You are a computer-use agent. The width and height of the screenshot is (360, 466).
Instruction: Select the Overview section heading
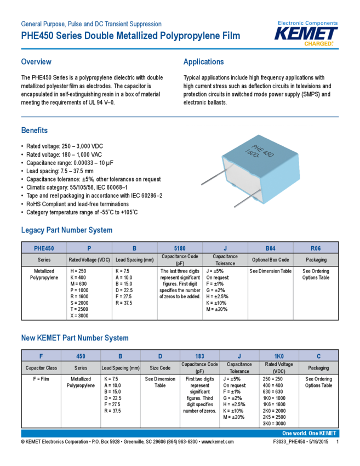click(x=36, y=62)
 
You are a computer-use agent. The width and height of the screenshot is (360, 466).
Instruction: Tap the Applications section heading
click(x=203, y=62)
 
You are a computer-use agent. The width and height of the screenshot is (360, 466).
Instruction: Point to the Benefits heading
click(x=35, y=130)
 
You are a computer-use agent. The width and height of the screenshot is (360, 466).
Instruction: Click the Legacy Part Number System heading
click(x=67, y=230)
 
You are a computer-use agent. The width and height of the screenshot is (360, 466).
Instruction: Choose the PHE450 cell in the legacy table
click(x=44, y=248)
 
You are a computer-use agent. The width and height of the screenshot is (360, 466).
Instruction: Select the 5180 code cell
click(x=180, y=248)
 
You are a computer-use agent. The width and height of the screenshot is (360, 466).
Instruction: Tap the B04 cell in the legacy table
click(x=271, y=248)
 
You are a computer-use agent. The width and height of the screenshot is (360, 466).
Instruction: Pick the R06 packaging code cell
click(x=316, y=248)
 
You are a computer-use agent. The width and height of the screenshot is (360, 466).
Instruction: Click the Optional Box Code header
click(x=271, y=259)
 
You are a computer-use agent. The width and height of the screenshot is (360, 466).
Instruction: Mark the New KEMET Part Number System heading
click(x=75, y=338)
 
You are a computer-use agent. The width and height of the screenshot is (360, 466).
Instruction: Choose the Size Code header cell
click(x=160, y=368)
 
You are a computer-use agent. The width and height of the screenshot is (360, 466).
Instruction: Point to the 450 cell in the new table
click(x=81, y=355)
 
